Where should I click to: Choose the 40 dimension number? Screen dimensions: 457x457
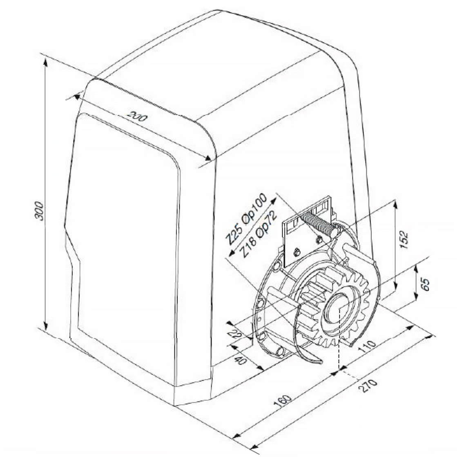click(242, 360)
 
